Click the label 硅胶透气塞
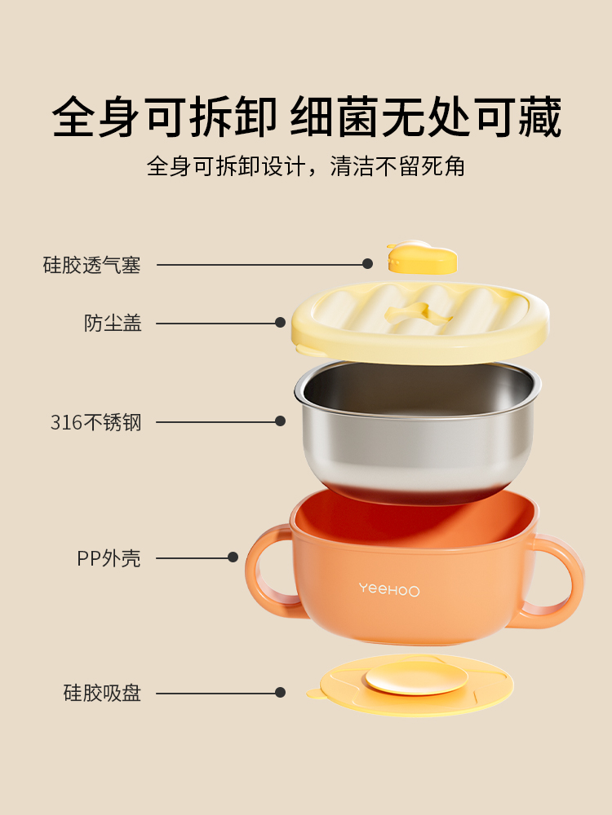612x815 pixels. (91, 265)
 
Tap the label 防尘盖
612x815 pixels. (113, 324)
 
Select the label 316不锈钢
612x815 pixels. (95, 422)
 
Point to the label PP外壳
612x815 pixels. (109, 558)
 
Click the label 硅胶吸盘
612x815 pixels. (102, 693)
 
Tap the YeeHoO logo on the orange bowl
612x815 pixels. (388, 589)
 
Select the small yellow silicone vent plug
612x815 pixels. (422, 258)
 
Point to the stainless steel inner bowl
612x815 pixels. (417, 431)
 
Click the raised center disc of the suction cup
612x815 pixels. (416, 678)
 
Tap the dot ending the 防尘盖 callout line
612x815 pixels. (280, 323)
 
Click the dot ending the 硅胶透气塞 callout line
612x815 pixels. (367, 264)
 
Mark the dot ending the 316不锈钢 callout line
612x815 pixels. (280, 421)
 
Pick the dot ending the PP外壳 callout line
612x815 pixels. (233, 557)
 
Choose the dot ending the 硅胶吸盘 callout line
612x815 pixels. (280, 692)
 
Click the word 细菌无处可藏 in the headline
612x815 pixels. (426, 117)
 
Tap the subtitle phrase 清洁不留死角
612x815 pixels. (397, 166)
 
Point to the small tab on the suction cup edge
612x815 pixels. (314, 694)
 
